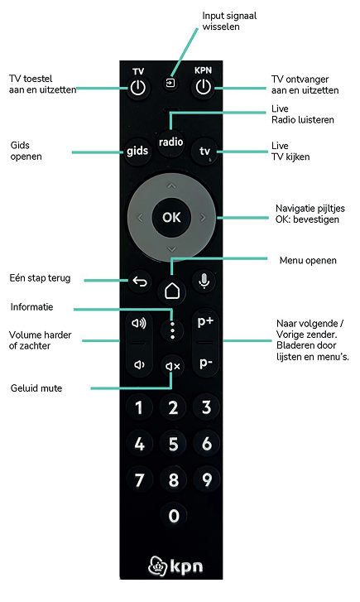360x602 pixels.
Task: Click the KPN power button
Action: tap(204, 87)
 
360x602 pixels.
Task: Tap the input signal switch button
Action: tap(170, 82)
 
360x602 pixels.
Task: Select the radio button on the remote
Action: tap(170, 142)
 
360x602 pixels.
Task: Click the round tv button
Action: tap(204, 152)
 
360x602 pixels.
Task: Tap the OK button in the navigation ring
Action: tap(171, 217)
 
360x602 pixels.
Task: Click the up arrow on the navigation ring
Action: tap(171, 186)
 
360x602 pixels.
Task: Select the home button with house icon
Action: tap(172, 291)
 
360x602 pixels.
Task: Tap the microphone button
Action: tap(204, 282)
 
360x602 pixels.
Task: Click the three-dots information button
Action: tap(172, 330)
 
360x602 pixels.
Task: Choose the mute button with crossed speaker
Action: tap(172, 367)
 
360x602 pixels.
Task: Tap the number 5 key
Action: tap(173, 444)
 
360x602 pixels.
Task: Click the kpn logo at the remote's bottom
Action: tap(175, 566)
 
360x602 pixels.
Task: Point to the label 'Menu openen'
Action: tap(308, 260)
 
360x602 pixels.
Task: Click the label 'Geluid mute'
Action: tap(36, 388)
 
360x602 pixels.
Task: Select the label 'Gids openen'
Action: tap(26, 151)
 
